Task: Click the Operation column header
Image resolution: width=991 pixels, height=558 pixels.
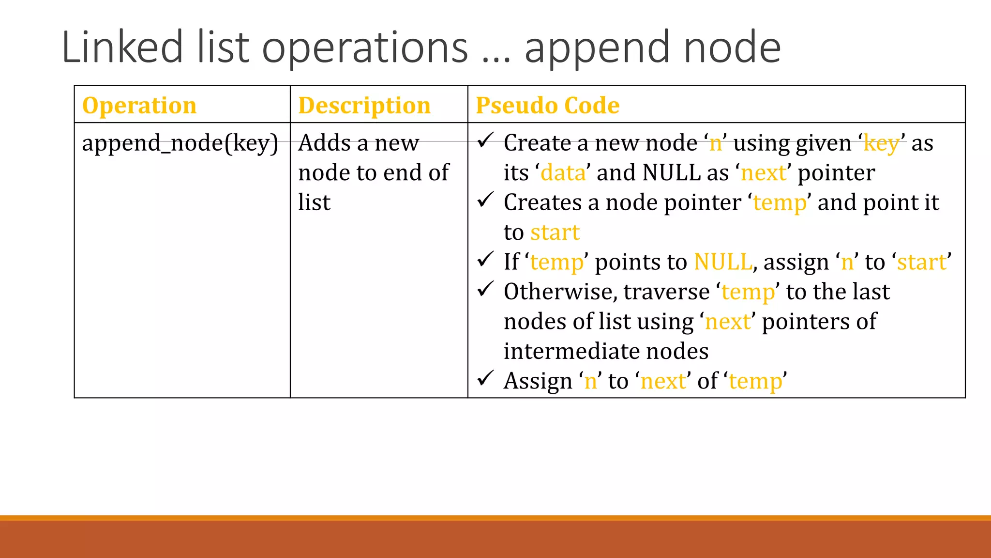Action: [139, 105]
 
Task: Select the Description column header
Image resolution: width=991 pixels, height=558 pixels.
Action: [364, 105]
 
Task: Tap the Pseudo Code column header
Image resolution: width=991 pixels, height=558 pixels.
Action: [547, 105]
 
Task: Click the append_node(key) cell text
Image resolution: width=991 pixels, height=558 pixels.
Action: [180, 143]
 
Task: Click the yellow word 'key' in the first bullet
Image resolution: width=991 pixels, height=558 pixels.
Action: [881, 144]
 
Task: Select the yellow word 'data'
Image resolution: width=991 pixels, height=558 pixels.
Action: [563, 173]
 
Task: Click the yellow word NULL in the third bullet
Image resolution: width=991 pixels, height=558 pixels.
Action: [723, 262]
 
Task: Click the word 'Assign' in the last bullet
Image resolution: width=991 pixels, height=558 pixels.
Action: [538, 381]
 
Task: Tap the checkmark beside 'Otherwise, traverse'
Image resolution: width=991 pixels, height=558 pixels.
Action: [485, 289]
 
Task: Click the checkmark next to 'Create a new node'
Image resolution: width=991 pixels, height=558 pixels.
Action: [485, 140]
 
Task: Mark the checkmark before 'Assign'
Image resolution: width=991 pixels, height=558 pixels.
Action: [485, 378]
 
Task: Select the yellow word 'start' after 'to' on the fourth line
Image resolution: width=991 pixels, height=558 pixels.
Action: [555, 232]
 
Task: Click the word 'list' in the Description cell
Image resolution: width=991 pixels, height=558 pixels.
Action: [314, 202]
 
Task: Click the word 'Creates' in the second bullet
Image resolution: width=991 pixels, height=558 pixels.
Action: [542, 202]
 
